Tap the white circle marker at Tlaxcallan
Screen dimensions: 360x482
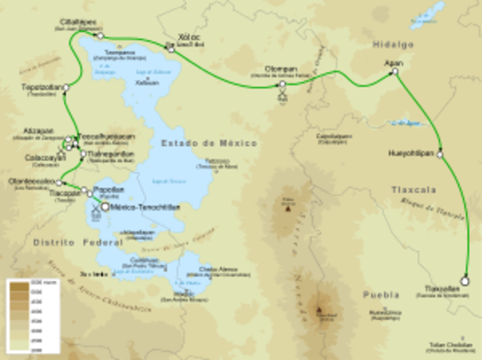(465, 281)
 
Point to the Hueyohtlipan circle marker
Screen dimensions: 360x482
(440, 155)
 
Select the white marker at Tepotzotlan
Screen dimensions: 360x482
(66, 88)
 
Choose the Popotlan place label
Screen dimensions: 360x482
(110, 191)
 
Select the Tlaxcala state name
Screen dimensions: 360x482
(413, 191)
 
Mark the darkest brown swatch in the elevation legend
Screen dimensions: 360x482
(18, 285)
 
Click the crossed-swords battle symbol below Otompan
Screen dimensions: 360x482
(282, 96)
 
